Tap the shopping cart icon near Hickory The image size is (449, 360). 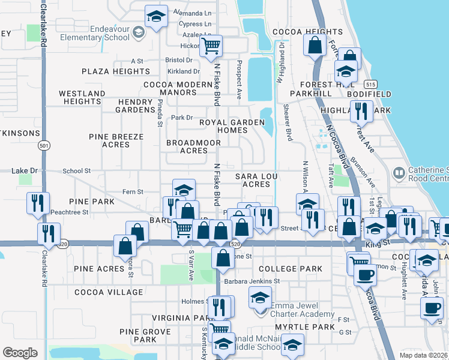[x=211, y=46]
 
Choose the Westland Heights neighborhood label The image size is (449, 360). [x=82, y=98]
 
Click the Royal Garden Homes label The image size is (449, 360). [x=232, y=126]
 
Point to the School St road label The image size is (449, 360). [x=76, y=171]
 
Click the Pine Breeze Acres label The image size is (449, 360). [x=116, y=140]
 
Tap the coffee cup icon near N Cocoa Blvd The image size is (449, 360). [x=364, y=274]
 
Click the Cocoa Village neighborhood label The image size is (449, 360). [x=109, y=292]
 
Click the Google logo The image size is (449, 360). [x=20, y=353]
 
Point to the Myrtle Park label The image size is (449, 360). [x=304, y=326]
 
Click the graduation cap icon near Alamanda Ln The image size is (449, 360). [x=156, y=17]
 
